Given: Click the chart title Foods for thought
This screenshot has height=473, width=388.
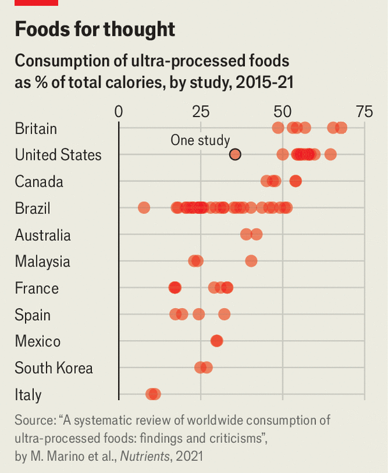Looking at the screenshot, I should (x=94, y=29).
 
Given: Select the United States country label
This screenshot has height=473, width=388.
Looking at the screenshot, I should (x=58, y=155).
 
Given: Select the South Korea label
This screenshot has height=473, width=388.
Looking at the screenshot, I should (x=54, y=368).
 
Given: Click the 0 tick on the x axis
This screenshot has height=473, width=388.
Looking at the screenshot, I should (x=119, y=112).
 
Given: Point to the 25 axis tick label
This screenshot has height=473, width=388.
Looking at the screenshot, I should (x=200, y=112).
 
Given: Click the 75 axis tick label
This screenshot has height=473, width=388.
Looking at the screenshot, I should (x=364, y=112).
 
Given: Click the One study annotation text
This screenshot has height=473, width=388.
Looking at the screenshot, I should (x=200, y=141).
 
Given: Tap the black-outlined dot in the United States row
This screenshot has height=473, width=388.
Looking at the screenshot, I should (x=235, y=154).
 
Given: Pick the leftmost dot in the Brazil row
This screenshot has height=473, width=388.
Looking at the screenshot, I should (x=144, y=208).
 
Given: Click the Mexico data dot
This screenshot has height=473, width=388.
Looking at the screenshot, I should (x=217, y=341).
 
